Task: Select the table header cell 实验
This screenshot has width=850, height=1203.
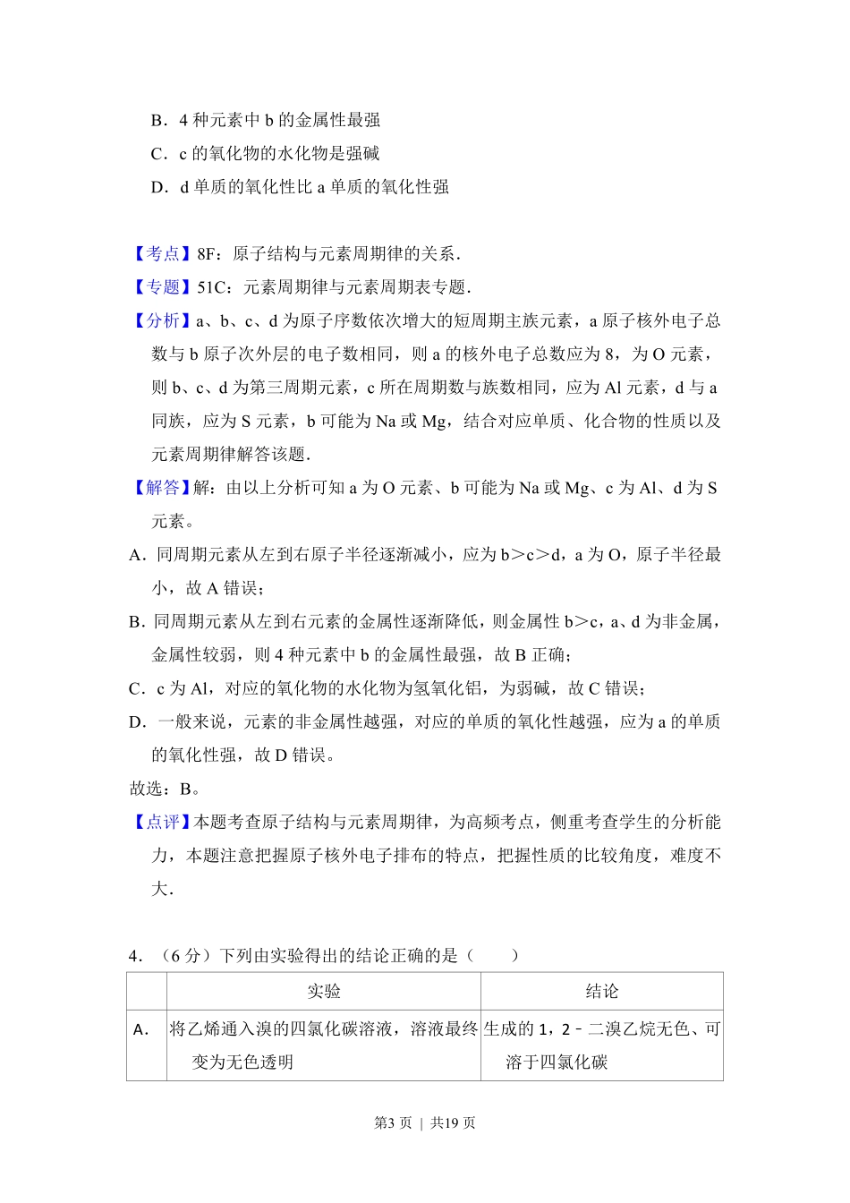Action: (324, 991)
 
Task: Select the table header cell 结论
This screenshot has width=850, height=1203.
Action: (601, 991)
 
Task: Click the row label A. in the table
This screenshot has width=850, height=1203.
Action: (141, 1029)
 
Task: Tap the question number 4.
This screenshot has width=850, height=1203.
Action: (135, 956)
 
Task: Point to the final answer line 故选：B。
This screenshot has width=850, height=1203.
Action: (166, 789)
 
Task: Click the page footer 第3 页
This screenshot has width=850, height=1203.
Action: (393, 1122)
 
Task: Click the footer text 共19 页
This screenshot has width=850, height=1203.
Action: (453, 1122)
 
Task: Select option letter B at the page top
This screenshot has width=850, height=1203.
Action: (158, 120)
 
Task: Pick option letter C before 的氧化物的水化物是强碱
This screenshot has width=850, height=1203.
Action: (158, 154)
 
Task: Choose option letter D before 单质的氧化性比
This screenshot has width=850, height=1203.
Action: (158, 187)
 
